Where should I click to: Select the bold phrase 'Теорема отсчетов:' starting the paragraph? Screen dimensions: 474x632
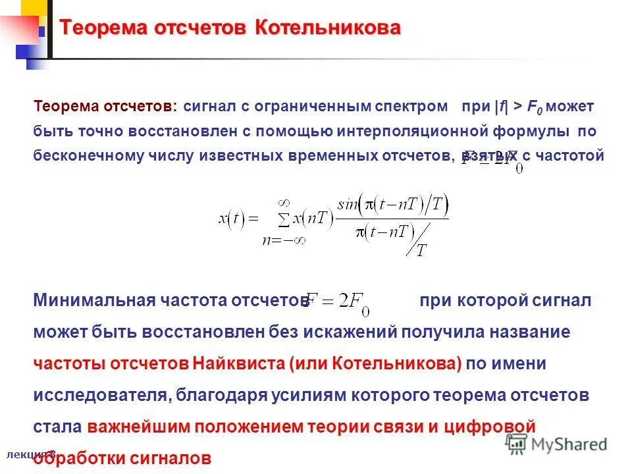pyautogui.click(x=105, y=106)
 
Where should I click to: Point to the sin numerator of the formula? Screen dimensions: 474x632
pyautogui.click(x=396, y=207)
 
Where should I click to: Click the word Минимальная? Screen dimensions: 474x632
pyautogui.click(x=92, y=301)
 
